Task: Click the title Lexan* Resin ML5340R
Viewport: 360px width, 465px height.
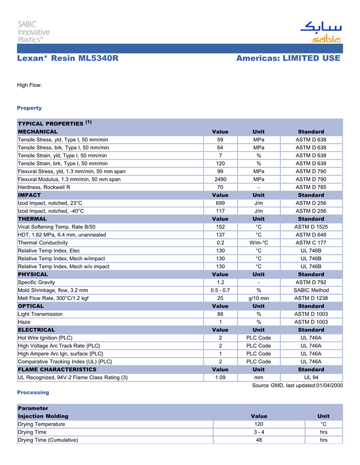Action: [x=68, y=59]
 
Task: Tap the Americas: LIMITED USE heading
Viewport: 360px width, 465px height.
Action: [x=288, y=59]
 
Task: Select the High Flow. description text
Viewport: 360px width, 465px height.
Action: [x=29, y=85]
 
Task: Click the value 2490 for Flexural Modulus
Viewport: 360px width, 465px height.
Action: [x=220, y=179]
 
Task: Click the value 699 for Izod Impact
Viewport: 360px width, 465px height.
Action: [x=220, y=203]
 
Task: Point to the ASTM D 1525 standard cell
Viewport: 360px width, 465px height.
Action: [x=311, y=227]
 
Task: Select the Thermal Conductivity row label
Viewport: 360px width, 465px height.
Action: [x=43, y=243]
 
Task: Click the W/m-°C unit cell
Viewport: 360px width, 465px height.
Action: [x=259, y=243]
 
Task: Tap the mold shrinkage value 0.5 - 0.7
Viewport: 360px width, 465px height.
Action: [x=220, y=290]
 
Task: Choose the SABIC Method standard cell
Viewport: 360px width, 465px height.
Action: [x=311, y=290]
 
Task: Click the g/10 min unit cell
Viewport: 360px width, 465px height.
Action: [x=259, y=298]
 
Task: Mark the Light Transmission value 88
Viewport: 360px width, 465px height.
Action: [x=220, y=314]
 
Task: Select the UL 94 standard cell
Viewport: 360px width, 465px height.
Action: [x=311, y=377]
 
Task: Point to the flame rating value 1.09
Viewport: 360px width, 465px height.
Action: [x=220, y=377]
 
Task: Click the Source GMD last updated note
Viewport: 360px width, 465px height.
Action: [x=297, y=385]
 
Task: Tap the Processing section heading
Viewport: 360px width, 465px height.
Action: [x=33, y=393]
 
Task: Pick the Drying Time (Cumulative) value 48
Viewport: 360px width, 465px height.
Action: [x=259, y=440]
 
